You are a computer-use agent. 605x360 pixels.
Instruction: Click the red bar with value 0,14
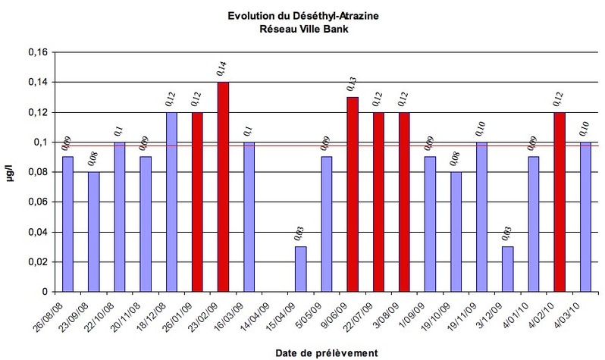(x=223, y=186)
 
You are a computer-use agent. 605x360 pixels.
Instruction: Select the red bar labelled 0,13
(x=353, y=195)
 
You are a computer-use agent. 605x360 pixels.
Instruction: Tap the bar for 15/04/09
(x=301, y=269)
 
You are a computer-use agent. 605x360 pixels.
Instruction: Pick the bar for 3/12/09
(x=508, y=269)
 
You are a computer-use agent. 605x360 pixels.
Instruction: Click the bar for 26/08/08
(x=67, y=224)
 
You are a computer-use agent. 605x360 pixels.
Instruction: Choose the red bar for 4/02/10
(x=560, y=202)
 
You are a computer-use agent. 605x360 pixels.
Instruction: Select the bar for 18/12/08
(x=171, y=202)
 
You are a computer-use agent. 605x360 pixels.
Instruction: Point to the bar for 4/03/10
(x=586, y=217)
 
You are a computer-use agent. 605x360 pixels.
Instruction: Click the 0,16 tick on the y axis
(x=38, y=52)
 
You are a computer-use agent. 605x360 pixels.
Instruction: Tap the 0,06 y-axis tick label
(x=38, y=202)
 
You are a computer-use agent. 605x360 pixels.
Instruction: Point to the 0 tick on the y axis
(x=45, y=292)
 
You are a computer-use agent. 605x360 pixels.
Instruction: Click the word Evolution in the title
(x=246, y=16)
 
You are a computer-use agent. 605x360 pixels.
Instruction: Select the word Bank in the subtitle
(x=337, y=29)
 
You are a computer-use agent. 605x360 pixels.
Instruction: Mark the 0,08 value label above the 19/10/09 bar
(x=456, y=159)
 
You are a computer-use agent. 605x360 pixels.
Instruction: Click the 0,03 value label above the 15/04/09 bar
(x=299, y=234)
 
